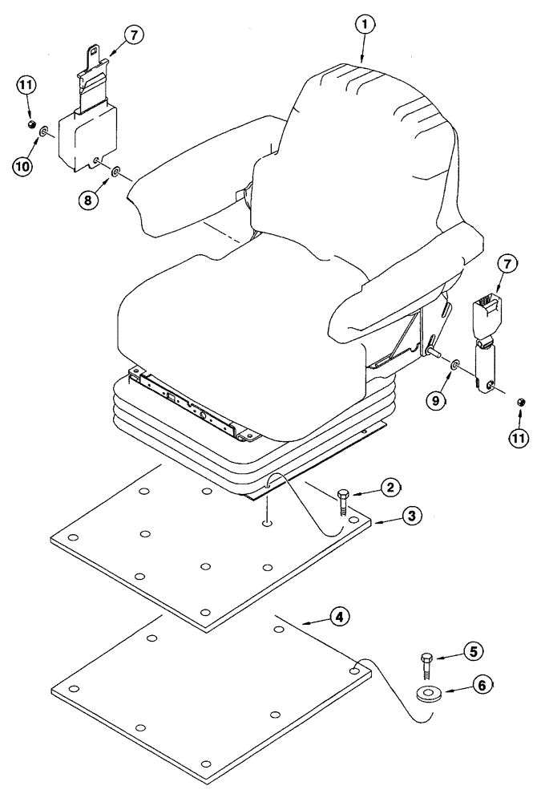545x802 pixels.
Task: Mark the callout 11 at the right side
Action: pyautogui.click(x=519, y=438)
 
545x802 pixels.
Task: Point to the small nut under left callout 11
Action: pyautogui.click(x=29, y=126)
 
